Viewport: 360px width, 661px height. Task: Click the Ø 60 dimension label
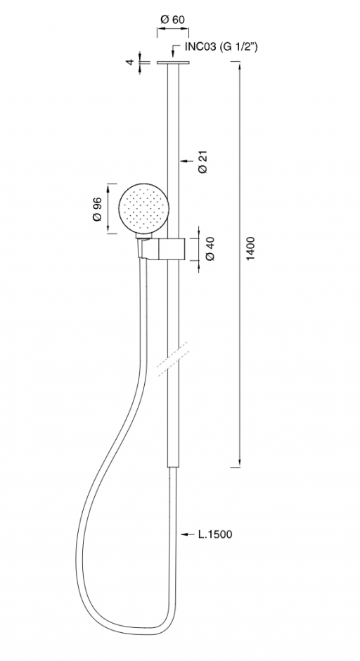point(173,19)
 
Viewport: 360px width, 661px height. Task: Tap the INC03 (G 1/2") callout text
point(221,47)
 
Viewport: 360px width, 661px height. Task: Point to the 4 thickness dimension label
point(130,62)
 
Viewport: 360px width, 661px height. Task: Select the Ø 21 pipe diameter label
point(202,162)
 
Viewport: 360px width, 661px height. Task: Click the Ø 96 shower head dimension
point(97,208)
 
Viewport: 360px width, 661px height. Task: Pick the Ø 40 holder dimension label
point(210,249)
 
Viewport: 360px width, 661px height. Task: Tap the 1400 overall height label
point(250,249)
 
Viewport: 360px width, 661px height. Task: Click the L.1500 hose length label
point(215,534)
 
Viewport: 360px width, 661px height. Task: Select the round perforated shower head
point(143,209)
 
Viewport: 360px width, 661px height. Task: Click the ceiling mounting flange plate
point(173,63)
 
